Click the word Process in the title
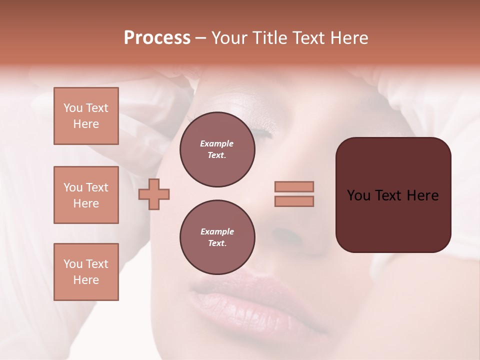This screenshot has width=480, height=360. (157, 38)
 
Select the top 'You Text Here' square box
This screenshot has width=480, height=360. (86, 116)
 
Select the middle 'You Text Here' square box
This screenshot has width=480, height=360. (86, 195)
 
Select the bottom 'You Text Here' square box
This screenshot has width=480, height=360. (86, 272)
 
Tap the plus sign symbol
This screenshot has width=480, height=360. (154, 194)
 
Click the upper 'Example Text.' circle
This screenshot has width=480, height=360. (217, 149)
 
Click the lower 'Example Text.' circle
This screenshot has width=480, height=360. (217, 237)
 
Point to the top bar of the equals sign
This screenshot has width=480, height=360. (294, 186)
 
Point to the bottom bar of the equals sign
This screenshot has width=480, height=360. (294, 201)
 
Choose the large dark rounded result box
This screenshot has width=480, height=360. (393, 194)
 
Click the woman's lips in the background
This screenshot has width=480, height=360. (250, 300)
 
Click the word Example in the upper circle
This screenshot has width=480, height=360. (217, 143)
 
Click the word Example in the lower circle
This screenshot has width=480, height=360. (217, 231)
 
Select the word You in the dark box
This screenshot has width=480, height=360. (359, 195)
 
